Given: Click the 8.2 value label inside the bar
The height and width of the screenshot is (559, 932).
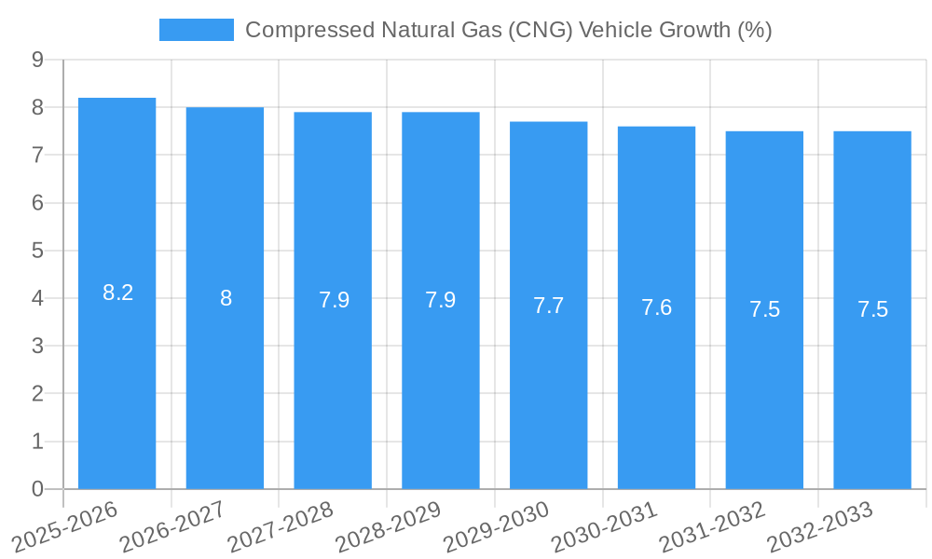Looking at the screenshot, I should click(x=117, y=293).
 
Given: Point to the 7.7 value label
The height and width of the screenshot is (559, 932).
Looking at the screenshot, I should click(x=548, y=306).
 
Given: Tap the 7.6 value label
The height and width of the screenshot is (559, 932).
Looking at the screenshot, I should click(x=656, y=307).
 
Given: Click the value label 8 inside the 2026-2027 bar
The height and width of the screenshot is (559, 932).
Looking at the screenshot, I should click(x=226, y=298).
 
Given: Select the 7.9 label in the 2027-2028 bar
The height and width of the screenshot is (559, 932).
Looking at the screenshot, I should click(x=334, y=300).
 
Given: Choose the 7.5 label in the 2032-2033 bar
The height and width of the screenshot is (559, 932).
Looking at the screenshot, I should click(x=872, y=310).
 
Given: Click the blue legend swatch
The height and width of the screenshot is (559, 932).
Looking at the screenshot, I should click(x=196, y=30).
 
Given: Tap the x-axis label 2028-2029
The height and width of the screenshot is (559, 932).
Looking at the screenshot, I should click(x=388, y=526).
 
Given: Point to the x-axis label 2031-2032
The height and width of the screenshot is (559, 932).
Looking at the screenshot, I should click(x=712, y=526).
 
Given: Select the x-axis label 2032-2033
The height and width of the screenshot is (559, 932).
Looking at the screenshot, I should click(x=820, y=526).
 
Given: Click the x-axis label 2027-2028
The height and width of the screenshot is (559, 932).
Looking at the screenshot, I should click(x=281, y=526).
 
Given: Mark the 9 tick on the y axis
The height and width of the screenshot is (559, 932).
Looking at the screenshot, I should click(x=37, y=60).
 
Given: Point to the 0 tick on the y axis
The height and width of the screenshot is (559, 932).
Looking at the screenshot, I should click(x=37, y=489).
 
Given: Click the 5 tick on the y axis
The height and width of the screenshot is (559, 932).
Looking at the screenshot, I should click(x=37, y=251).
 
